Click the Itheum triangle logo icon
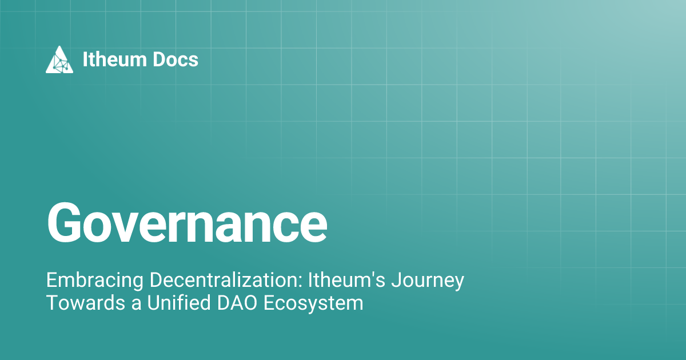click(59, 59)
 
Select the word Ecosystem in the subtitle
click(313, 303)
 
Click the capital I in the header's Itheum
click(85, 59)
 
